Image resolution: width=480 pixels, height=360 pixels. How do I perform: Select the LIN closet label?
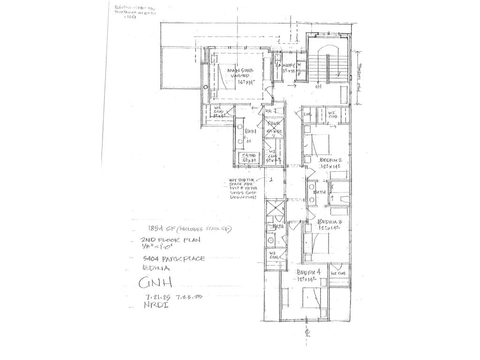point(307,114)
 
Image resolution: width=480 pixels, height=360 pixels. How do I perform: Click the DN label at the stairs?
point(318,87)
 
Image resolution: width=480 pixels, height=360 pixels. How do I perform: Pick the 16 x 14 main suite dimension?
point(239,82)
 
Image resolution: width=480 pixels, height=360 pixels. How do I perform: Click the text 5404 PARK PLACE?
point(174,259)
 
